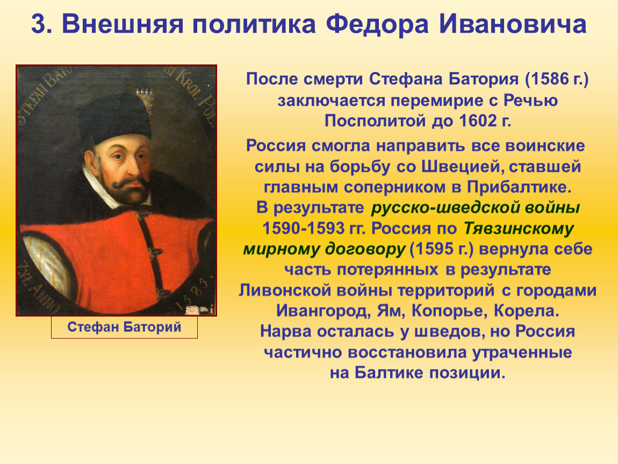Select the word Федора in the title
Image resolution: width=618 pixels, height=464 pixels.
(377, 24)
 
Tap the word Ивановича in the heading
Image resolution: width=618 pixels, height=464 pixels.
(513, 24)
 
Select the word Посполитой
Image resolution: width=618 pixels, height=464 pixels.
(375, 121)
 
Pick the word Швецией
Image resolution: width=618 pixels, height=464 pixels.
(463, 166)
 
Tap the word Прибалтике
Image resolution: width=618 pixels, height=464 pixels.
(519, 187)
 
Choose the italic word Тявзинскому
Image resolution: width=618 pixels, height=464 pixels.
(519, 229)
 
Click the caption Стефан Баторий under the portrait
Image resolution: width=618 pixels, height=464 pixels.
(124, 327)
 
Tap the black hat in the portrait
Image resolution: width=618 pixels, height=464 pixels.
(115, 118)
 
